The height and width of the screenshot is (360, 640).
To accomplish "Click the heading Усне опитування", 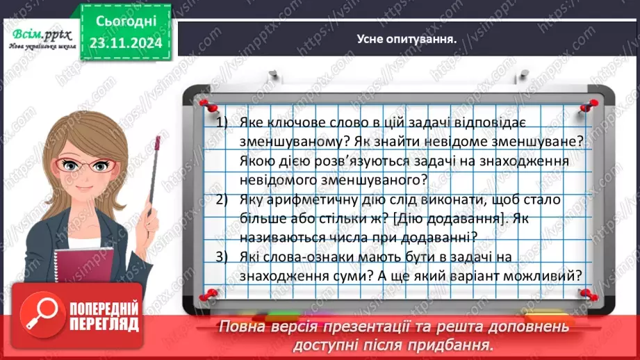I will tap(406, 39).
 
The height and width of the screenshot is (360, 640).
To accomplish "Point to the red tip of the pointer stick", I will tap(158, 143).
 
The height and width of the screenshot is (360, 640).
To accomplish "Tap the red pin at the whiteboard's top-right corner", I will tap(591, 104).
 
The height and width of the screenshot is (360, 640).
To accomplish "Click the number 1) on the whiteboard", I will tap(222, 122).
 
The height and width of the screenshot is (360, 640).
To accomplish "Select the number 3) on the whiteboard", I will tap(222, 257).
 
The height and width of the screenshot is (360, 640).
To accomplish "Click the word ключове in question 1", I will tap(300, 122).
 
